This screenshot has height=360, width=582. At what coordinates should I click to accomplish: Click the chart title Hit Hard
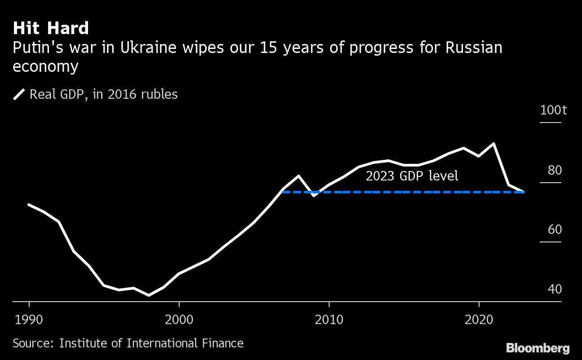(x=51, y=29)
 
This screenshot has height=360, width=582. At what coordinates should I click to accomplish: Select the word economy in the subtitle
(x=46, y=66)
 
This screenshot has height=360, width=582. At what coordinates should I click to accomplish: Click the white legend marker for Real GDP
(x=19, y=95)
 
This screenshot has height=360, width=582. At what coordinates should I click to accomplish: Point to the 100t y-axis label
(x=553, y=110)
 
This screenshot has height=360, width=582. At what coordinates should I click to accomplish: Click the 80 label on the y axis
(x=555, y=171)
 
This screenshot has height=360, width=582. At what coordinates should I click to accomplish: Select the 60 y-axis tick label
(x=555, y=230)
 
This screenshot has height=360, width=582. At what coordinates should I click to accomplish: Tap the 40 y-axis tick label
(x=555, y=290)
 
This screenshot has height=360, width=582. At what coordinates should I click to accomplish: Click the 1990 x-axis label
(x=29, y=320)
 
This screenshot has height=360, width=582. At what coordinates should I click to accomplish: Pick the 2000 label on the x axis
(x=179, y=320)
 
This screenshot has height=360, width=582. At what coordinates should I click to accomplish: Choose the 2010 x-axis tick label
(x=329, y=320)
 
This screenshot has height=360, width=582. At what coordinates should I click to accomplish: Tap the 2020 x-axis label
(x=479, y=320)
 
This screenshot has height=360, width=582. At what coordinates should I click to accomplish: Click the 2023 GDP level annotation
(x=412, y=176)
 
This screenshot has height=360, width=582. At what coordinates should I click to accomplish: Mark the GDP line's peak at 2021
(x=494, y=144)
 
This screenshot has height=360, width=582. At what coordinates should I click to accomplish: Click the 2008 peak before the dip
(x=299, y=176)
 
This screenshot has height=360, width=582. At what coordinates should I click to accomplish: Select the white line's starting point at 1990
(x=29, y=205)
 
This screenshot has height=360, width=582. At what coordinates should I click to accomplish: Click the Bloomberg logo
(x=538, y=347)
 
